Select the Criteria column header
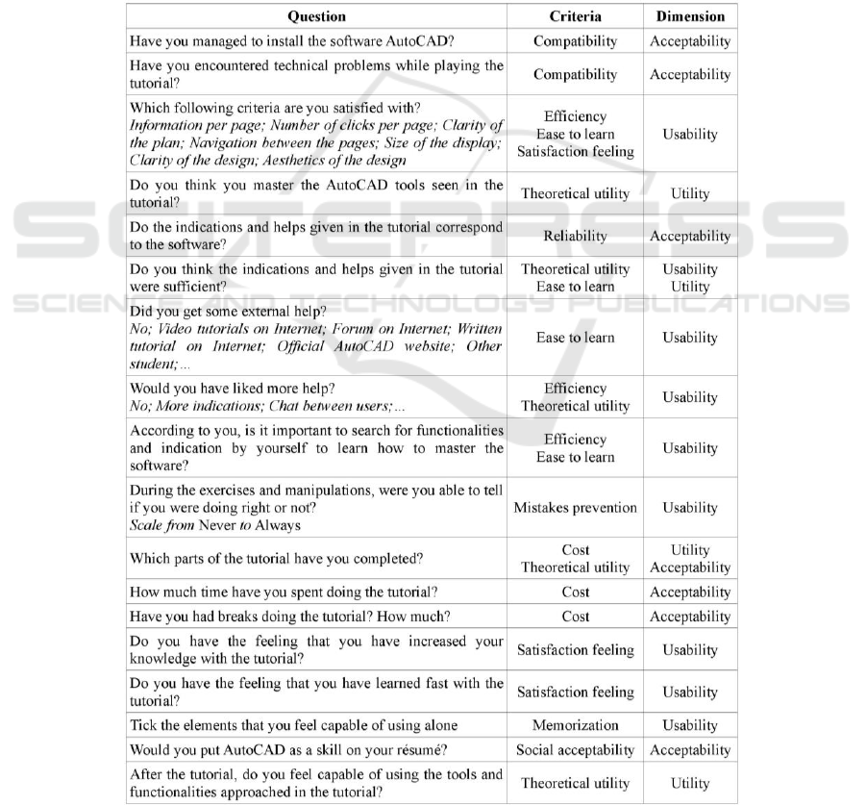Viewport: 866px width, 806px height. (x=575, y=16)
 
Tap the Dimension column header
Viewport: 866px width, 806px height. (x=689, y=16)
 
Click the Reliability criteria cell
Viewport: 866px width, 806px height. (x=575, y=236)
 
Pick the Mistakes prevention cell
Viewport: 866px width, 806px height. (x=575, y=507)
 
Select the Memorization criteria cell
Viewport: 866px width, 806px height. (x=575, y=725)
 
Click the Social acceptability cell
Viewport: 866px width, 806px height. (x=575, y=750)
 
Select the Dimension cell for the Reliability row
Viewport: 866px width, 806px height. (x=689, y=236)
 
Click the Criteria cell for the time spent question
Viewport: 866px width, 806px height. (x=575, y=592)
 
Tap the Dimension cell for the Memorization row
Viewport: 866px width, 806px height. (x=689, y=725)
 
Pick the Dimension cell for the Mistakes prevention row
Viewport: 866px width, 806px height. (x=689, y=507)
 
